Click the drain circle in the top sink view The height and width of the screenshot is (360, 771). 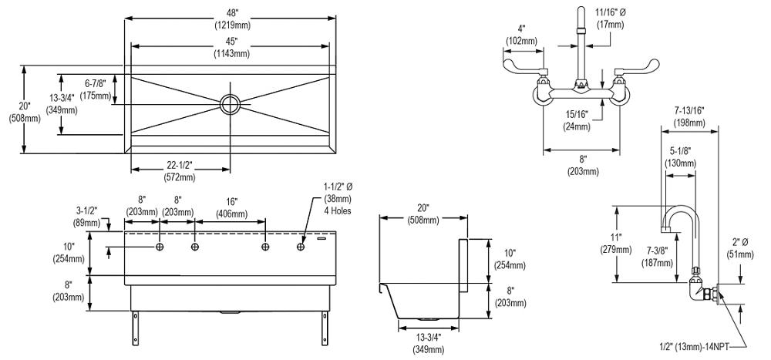231,103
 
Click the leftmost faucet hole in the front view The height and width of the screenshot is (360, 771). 160,247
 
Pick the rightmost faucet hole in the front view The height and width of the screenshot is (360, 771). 301,247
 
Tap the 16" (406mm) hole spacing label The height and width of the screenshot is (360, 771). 230,208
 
